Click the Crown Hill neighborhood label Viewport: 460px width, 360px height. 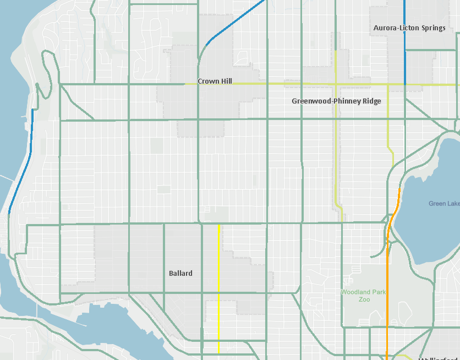pyautogui.click(x=215, y=81)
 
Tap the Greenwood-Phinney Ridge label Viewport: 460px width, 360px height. pyautogui.click(x=336, y=101)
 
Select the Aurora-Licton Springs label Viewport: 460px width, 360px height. pyautogui.click(x=409, y=28)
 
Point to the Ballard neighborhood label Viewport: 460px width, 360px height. pyautogui.click(x=180, y=274)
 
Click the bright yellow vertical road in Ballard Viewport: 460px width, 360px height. pyautogui.click(x=219, y=286)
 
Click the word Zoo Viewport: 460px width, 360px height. pyautogui.click(x=364, y=299)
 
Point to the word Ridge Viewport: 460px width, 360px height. pyautogui.click(x=371, y=101)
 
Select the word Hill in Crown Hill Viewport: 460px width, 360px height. pyautogui.click(x=225, y=81)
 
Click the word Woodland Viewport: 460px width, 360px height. pyautogui.click(x=354, y=292)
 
